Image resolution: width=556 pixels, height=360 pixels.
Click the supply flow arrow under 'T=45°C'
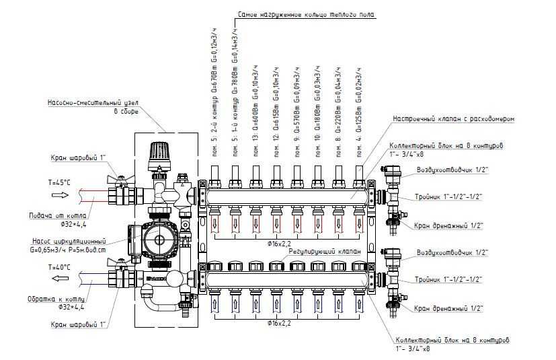click(x=60, y=195)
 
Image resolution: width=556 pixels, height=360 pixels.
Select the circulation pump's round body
click(x=157, y=240)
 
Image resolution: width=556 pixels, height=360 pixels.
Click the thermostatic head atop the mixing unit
click(x=159, y=154)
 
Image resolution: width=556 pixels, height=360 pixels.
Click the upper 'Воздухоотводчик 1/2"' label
click(x=450, y=170)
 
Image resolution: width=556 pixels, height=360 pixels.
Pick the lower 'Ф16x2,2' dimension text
click(x=278, y=324)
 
